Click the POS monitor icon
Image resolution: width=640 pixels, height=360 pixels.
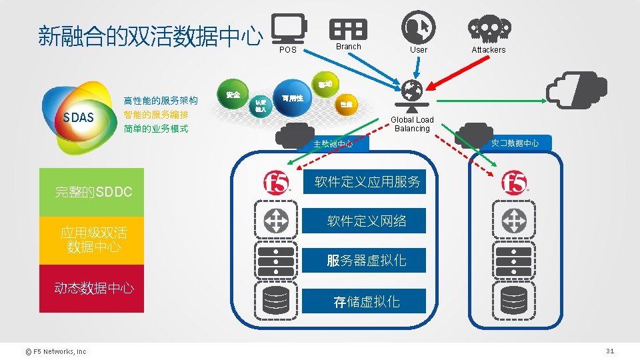point(289,29)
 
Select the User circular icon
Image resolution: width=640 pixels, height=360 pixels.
point(419,27)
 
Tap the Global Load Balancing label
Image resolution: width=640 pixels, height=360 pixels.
point(412,124)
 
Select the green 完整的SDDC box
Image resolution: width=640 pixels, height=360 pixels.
point(91,192)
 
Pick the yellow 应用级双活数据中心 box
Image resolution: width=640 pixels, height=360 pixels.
point(91,240)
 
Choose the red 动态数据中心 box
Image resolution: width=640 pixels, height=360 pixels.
point(91,289)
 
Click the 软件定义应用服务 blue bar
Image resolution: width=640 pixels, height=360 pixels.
point(367,181)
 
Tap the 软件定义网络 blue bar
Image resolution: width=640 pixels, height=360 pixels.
point(367,221)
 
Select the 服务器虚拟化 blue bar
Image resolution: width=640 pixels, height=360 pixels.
point(367,260)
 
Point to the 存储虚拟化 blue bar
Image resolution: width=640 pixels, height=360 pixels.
point(367,301)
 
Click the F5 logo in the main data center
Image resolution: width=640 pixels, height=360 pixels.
point(275,183)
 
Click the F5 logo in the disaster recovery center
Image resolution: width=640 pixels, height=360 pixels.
point(514,183)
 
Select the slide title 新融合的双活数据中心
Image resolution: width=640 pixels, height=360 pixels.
point(150,37)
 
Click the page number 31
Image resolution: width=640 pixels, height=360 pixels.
point(609,351)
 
